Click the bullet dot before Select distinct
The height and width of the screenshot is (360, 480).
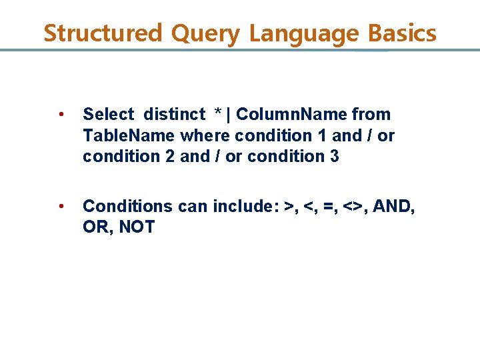click(x=61, y=115)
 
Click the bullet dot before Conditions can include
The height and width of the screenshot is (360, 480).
click(x=61, y=207)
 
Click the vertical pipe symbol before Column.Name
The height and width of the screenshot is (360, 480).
click(x=229, y=115)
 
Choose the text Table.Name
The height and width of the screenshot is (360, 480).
click(x=129, y=136)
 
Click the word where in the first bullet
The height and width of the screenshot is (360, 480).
click(x=204, y=136)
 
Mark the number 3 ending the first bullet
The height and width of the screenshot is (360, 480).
click(x=334, y=157)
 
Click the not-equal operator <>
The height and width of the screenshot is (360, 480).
click(x=352, y=207)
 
